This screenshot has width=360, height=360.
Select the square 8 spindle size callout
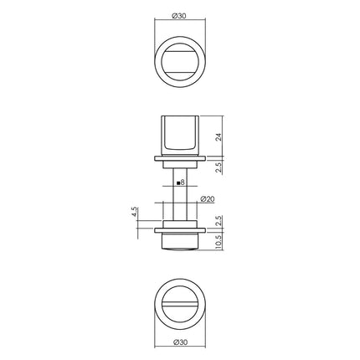click(182, 182)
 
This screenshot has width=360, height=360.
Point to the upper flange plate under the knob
click(179, 156)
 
